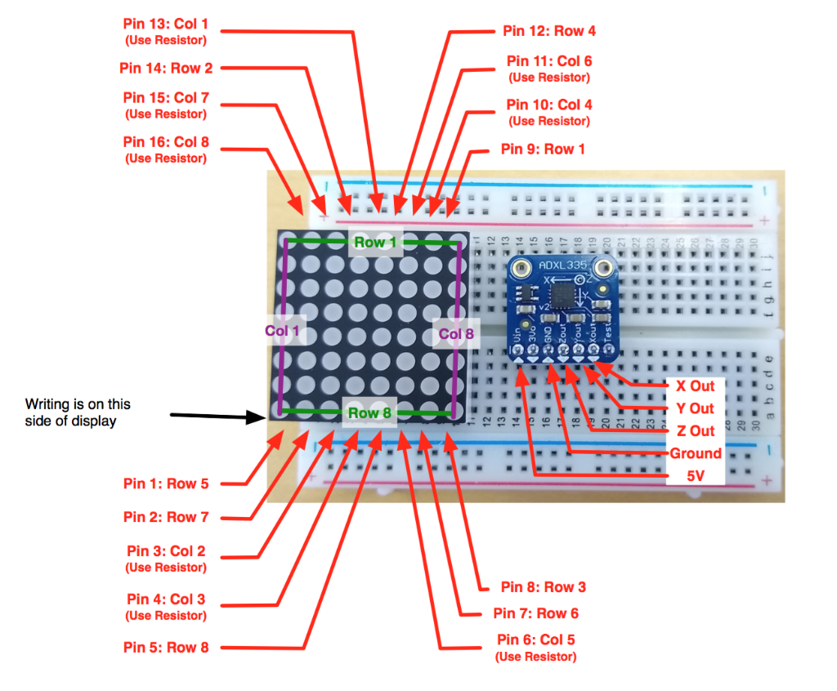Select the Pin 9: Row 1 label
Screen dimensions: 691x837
543,149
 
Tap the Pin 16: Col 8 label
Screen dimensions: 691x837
165,142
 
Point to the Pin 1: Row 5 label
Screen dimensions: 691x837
166,484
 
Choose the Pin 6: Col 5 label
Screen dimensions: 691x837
535,640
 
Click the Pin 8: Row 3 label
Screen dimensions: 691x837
544,587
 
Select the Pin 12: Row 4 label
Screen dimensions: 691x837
549,31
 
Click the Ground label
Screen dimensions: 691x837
695,453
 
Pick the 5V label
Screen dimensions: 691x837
695,476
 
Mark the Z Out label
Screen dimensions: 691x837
690,430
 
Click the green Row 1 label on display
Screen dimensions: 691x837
374,243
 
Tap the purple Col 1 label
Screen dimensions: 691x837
282,332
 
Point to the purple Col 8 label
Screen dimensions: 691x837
455,333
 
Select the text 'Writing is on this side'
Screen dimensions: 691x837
78,412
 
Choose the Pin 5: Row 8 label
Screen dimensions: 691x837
166,648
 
